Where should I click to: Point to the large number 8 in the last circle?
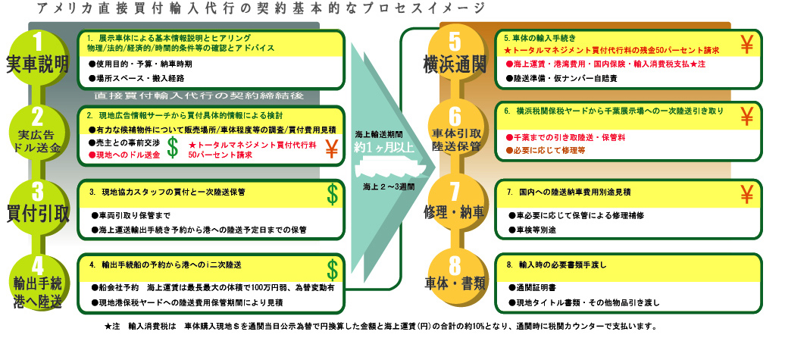pyautogui.click(x=455, y=266)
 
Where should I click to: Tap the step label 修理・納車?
pyautogui.click(x=454, y=212)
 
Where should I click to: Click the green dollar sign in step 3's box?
pyautogui.click(x=333, y=193)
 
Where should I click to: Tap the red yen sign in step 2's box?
pyautogui.click(x=332, y=149)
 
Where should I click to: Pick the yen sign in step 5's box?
pyautogui.click(x=746, y=45)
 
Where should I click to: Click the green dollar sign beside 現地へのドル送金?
pyautogui.click(x=173, y=149)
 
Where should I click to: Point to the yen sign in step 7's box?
pyautogui.click(x=746, y=196)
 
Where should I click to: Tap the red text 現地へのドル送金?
pyautogui.click(x=128, y=154)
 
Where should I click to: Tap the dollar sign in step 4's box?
pyautogui.click(x=333, y=268)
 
